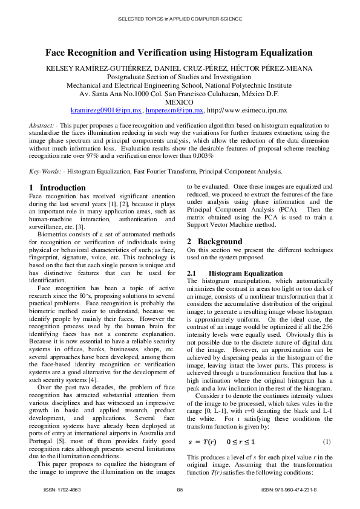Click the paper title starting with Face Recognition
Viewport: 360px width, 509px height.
click(179, 53)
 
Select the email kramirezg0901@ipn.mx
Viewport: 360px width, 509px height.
click(106, 111)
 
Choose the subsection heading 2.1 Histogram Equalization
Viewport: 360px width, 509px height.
click(235, 274)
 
